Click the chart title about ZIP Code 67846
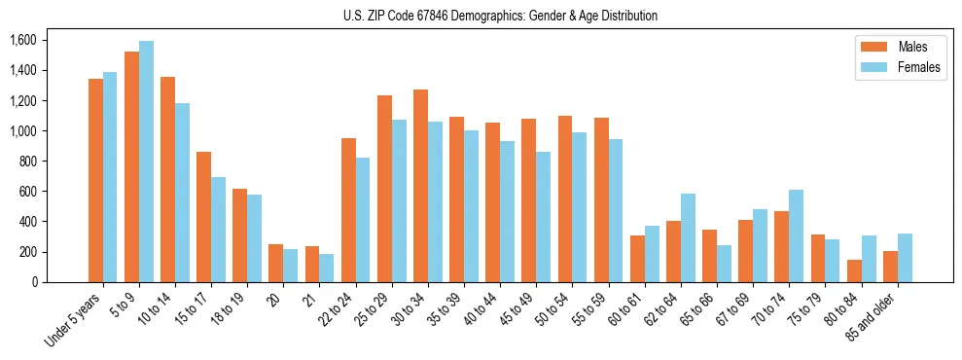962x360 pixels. click(x=500, y=16)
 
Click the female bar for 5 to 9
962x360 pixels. click(x=146, y=162)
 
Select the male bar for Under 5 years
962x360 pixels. click(x=95, y=180)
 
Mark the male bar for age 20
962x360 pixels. click(x=275, y=263)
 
